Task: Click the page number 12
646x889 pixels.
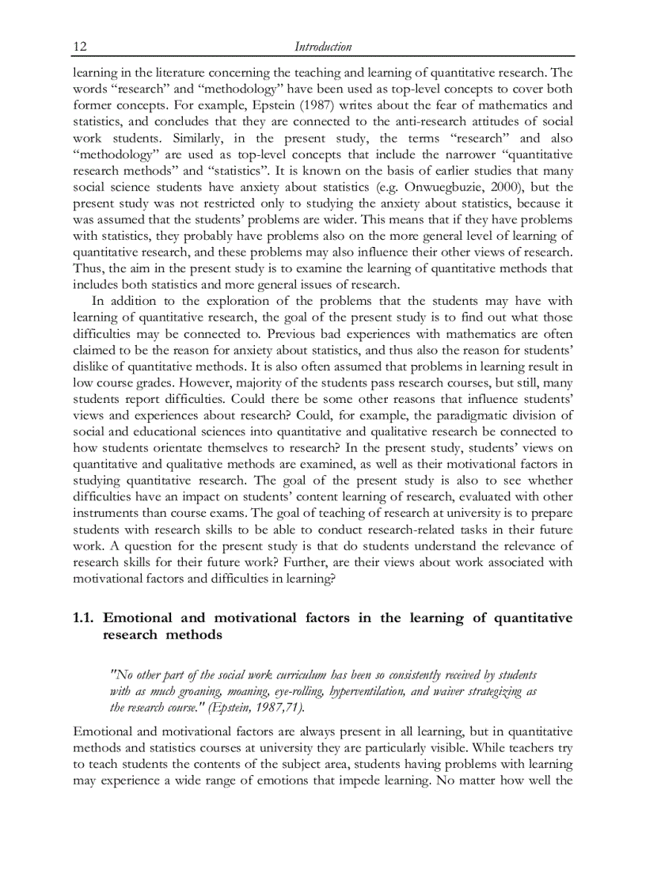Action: [x=79, y=47]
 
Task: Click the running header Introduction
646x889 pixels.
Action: [x=323, y=47]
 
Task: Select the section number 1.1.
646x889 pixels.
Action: [x=85, y=617]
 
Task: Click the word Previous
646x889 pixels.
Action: [x=303, y=333]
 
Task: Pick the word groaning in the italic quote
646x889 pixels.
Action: [x=188, y=691]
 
